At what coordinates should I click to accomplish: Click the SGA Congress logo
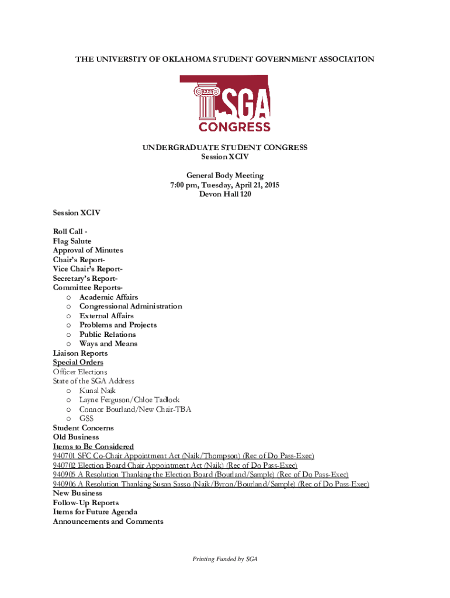[x=225, y=103]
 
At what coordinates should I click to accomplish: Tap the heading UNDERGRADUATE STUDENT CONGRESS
[x=225, y=148]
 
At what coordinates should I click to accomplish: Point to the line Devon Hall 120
[x=225, y=194]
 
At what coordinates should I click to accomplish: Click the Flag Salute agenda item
[x=72, y=241]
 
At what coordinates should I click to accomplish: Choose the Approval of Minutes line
[x=88, y=250]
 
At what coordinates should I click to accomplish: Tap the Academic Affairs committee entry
[x=109, y=297]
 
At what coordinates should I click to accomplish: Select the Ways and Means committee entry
[x=109, y=343]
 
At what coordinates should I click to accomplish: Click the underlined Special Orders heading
[x=78, y=362]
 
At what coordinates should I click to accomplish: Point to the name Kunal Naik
[x=98, y=390]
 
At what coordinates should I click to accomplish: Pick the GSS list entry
[x=86, y=418]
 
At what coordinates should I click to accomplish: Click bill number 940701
[x=64, y=456]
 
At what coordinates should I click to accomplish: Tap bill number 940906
[x=64, y=484]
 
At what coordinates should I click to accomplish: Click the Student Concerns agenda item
[x=84, y=427]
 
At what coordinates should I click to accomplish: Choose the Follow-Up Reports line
[x=86, y=502]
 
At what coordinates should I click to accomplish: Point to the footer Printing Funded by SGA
[x=225, y=559]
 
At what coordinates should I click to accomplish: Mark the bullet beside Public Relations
[x=69, y=335]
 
